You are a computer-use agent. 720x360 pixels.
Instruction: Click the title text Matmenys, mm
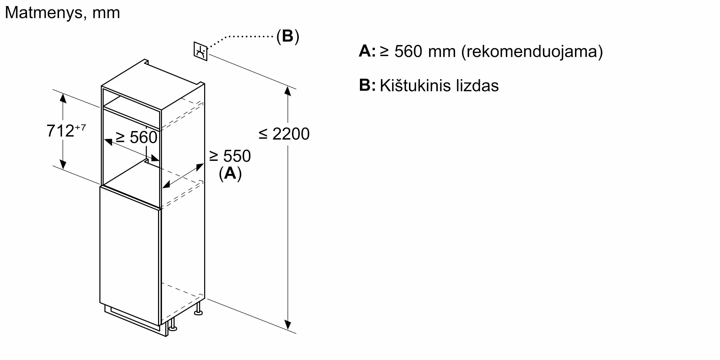point(62,13)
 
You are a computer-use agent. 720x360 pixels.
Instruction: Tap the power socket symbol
point(201,51)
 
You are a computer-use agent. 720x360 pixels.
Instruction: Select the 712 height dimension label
point(60,131)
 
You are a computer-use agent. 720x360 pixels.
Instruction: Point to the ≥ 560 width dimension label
point(137,138)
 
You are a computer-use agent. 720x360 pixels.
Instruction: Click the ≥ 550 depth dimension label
point(230,156)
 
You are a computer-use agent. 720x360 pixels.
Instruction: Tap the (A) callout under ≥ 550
point(230,174)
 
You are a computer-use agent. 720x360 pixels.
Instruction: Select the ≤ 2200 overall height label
point(284,134)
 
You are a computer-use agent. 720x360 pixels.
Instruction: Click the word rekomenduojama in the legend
point(532,51)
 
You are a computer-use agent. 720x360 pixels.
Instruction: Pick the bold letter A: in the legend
point(367,51)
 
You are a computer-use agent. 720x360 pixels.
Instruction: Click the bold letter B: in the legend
point(367,86)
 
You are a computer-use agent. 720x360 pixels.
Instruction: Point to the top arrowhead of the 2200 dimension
point(287,91)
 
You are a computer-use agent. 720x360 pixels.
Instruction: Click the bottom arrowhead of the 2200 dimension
point(287,325)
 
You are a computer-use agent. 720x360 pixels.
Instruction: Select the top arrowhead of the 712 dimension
point(63,98)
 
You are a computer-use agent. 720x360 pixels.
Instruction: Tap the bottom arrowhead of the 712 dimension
point(63,165)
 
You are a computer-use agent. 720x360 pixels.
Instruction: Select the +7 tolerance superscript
point(81,127)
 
